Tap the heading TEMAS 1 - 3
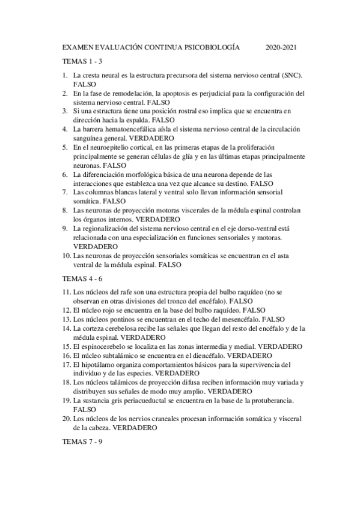[x=83, y=61]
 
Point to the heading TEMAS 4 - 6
[x=83, y=280]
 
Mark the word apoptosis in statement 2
[x=178, y=94]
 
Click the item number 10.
[x=67, y=256]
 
